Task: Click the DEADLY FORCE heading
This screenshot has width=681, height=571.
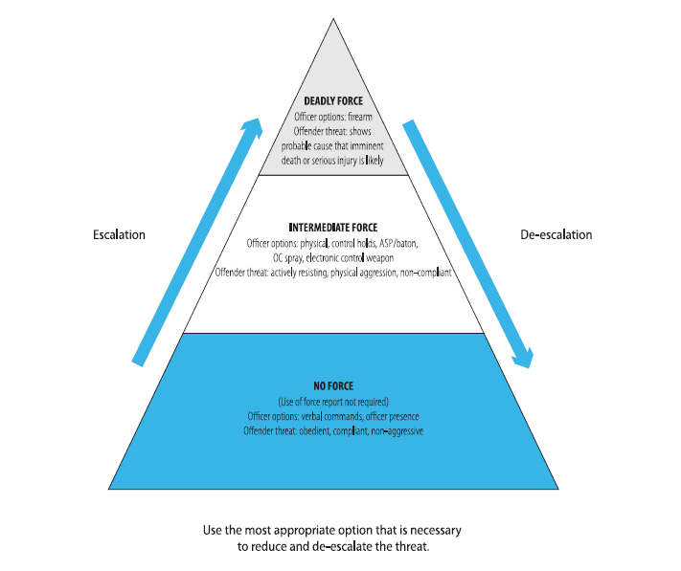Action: click(334, 100)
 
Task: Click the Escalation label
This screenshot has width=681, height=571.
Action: click(119, 234)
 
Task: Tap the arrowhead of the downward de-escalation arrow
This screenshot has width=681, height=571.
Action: click(522, 361)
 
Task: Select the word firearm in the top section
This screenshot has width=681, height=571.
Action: click(359, 117)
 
